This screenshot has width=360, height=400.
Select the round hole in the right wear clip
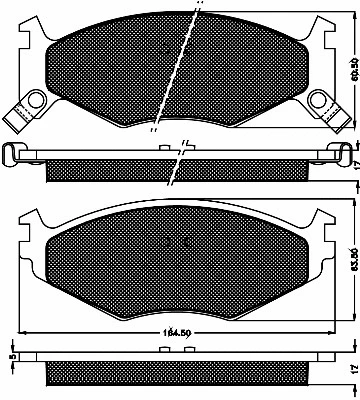coord(321,99)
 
